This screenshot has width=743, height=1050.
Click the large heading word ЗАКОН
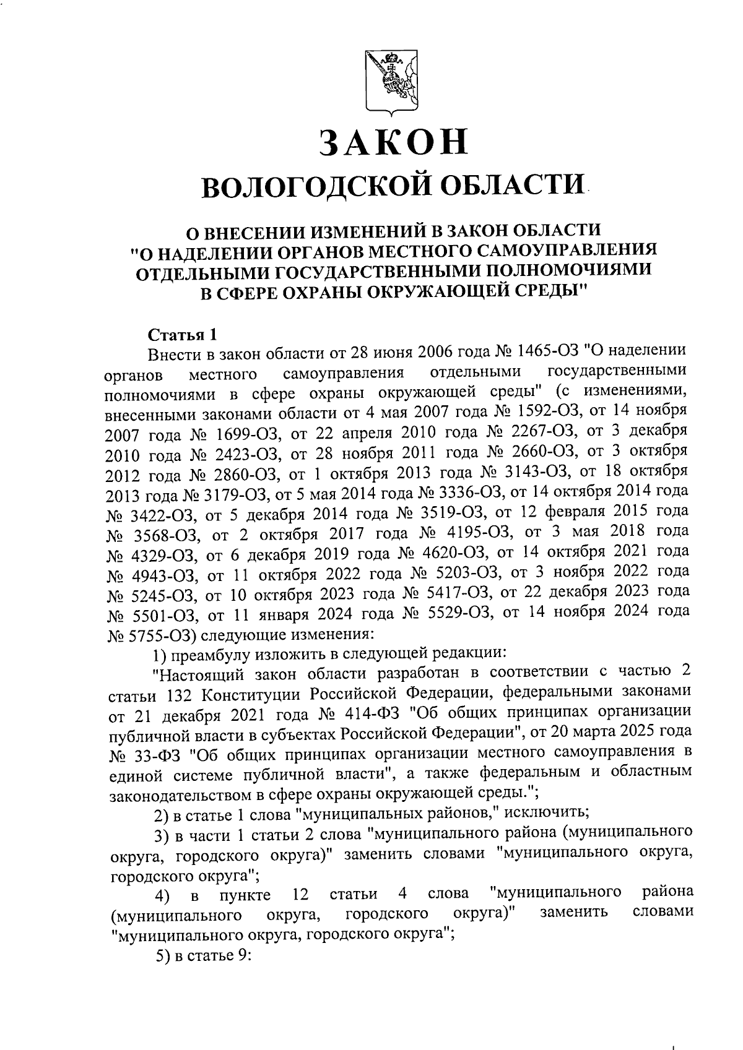point(393,142)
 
